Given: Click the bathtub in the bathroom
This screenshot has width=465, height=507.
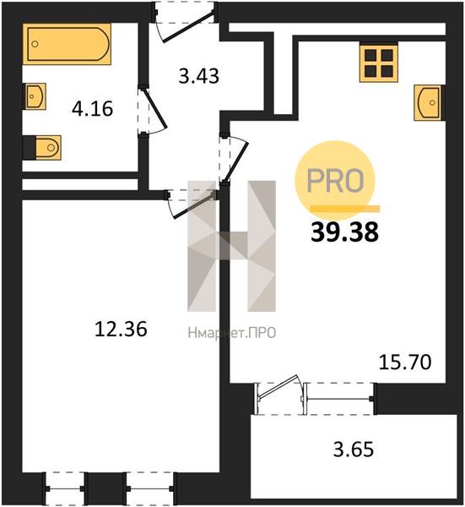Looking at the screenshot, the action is pyautogui.click(x=67, y=44).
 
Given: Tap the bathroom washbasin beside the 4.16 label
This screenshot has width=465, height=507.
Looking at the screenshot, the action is pyautogui.click(x=35, y=96).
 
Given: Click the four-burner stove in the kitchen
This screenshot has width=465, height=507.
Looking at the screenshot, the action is pyautogui.click(x=379, y=63).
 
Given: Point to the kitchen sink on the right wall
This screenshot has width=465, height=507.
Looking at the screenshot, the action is pyautogui.click(x=429, y=103).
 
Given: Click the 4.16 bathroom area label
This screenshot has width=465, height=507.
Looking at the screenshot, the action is pyautogui.click(x=92, y=109).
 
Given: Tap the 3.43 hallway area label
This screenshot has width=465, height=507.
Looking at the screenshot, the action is pyautogui.click(x=199, y=76).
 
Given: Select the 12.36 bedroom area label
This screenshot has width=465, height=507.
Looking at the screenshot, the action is pyautogui.click(x=121, y=329).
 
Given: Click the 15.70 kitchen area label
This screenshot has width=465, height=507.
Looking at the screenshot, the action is pyautogui.click(x=405, y=362).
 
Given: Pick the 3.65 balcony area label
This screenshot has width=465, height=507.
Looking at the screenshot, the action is pyautogui.click(x=354, y=450).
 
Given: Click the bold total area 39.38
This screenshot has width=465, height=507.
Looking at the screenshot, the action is pyautogui.click(x=344, y=232).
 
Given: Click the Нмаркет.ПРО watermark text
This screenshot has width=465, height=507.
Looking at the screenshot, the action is pyautogui.click(x=232, y=333).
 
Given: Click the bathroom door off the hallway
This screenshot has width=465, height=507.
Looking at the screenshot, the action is pyautogui.click(x=152, y=111).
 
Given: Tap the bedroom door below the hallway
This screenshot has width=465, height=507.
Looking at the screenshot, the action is pyautogui.click(x=192, y=203).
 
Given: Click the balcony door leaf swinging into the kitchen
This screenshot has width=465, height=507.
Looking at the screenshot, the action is pyautogui.click(x=279, y=388).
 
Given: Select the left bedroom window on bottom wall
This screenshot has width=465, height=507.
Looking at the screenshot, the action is pyautogui.click(x=65, y=488).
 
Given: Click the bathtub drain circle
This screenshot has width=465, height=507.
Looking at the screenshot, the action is pyautogui.click(x=35, y=44).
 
